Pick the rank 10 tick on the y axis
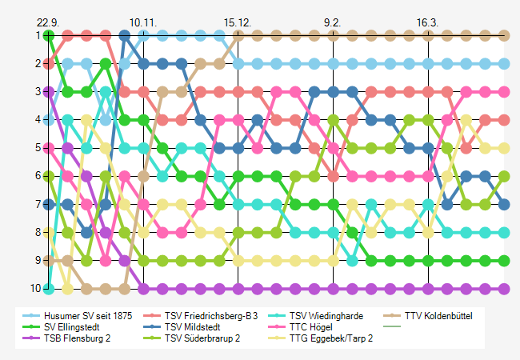pyautogui.click(x=36, y=288)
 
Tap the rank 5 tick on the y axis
pyautogui.click(x=38, y=148)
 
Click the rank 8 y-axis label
pyautogui.click(x=38, y=232)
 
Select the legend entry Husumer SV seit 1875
pyautogui.click(x=88, y=316)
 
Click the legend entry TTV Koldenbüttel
pyautogui.click(x=438, y=316)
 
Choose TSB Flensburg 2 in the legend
pyautogui.click(x=78, y=338)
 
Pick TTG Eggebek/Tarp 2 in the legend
pyautogui.click(x=330, y=338)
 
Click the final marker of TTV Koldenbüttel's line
pyautogui.click(x=504, y=35)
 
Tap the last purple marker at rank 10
pyautogui.click(x=504, y=288)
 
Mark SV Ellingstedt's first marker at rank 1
pyautogui.click(x=50, y=35)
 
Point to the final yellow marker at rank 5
pyautogui.click(x=504, y=148)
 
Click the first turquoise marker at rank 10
pyautogui.click(x=50, y=288)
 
